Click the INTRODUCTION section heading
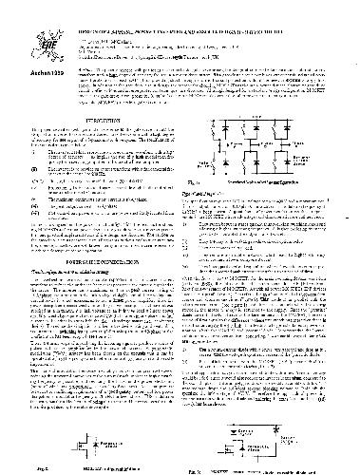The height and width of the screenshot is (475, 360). pos(92,108)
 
